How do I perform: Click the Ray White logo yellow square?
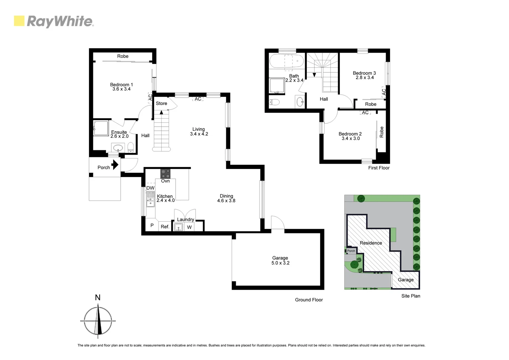[x=19, y=21]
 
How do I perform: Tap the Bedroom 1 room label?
[x=121, y=85]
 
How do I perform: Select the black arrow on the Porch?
[x=115, y=165]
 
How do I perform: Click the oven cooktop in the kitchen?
[x=166, y=174]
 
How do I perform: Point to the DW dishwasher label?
[x=150, y=188]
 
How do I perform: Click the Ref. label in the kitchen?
[x=165, y=227]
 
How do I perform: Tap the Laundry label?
[x=185, y=219]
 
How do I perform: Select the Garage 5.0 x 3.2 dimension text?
[x=280, y=263]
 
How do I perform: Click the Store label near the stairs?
[x=162, y=103]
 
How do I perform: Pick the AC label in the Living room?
[x=198, y=99]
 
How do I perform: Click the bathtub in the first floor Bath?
[x=286, y=62]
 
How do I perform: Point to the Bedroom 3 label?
[x=364, y=73]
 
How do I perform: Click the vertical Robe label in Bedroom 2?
[x=382, y=132]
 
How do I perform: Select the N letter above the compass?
[x=98, y=297]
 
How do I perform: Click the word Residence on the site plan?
[x=371, y=243]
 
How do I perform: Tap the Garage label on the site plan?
[x=406, y=280]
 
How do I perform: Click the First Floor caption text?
[x=379, y=168]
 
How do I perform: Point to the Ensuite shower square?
[x=101, y=128]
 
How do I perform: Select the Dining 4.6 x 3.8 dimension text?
[x=226, y=201]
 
